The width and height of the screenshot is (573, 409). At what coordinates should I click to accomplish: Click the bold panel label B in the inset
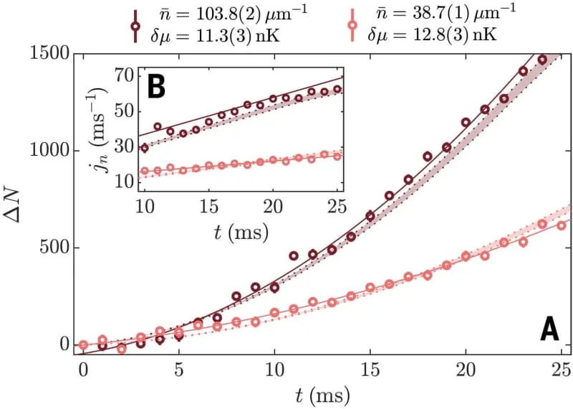156,87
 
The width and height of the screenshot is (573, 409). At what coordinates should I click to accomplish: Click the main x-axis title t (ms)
322,393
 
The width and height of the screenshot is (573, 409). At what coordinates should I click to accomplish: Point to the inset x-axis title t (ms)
242,231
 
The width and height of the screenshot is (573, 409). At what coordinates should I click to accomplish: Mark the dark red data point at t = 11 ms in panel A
294,255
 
